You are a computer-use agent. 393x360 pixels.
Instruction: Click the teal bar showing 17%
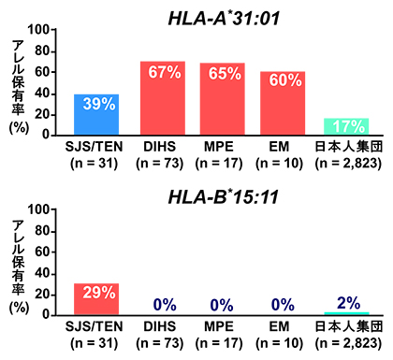tap(347, 126)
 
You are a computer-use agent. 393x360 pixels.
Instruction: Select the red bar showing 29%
tap(96, 299)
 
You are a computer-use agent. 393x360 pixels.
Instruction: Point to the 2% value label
tap(347, 304)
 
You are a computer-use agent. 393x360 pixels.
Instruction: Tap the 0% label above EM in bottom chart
tap(283, 305)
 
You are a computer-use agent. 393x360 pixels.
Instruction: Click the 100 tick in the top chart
tap(40, 29)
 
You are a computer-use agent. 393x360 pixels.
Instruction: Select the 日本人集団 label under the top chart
tap(347, 147)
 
